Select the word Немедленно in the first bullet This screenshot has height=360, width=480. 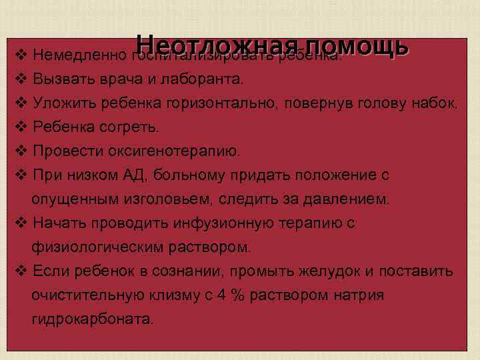[81, 55]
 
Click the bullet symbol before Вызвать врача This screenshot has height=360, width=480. [21, 79]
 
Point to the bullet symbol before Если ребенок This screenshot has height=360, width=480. [21, 271]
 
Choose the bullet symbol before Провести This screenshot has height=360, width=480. [21, 151]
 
